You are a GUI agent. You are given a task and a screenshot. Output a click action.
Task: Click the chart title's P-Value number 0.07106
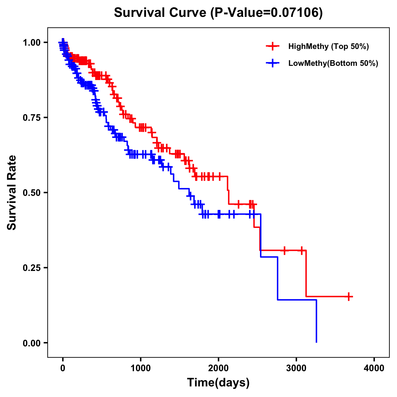click(x=295, y=13)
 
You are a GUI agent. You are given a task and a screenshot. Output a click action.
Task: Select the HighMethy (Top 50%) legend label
click(x=328, y=46)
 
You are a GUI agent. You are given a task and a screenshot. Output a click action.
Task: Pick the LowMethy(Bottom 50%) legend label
click(x=333, y=63)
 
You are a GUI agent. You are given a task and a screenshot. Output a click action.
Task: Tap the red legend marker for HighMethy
click(x=272, y=46)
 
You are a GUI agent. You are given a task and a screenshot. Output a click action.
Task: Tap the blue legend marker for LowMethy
click(x=272, y=63)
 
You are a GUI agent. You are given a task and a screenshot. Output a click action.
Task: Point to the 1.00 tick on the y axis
click(x=31, y=42)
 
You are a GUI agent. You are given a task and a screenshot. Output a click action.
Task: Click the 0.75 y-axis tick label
click(x=31, y=117)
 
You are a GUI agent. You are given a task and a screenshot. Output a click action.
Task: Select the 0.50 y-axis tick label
click(x=31, y=193)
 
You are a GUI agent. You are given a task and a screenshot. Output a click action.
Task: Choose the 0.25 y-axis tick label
click(x=31, y=268)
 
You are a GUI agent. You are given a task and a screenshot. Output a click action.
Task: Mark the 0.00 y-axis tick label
click(x=31, y=343)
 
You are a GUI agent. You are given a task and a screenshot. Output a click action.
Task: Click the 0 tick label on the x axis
click(x=63, y=368)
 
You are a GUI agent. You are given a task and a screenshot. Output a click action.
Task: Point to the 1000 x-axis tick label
click(x=141, y=368)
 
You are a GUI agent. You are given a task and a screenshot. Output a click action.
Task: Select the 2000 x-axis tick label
click(x=218, y=368)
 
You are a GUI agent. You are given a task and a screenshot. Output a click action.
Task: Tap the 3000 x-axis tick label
click(x=296, y=368)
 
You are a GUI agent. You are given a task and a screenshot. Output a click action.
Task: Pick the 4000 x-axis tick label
click(x=374, y=368)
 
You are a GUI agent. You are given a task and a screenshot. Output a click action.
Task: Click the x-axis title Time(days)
click(x=218, y=382)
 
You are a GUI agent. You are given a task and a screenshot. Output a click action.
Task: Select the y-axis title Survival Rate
click(x=12, y=193)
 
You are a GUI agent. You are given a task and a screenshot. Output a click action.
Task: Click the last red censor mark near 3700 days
click(x=349, y=296)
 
